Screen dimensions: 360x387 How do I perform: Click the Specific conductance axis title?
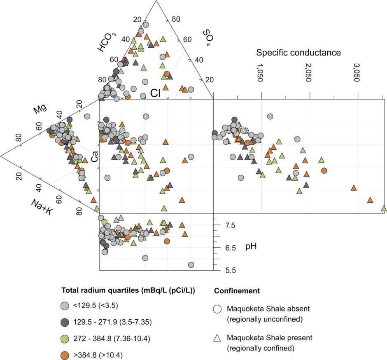point(298,53)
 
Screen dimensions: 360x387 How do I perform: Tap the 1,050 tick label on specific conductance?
point(260,73)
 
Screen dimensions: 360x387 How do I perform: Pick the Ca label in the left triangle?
point(94,156)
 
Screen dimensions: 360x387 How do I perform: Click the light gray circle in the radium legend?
point(64,306)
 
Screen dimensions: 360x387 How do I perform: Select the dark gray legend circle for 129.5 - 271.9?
point(64,322)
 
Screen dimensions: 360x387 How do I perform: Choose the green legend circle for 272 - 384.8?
point(64,338)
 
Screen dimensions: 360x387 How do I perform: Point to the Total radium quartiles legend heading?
point(128,290)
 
